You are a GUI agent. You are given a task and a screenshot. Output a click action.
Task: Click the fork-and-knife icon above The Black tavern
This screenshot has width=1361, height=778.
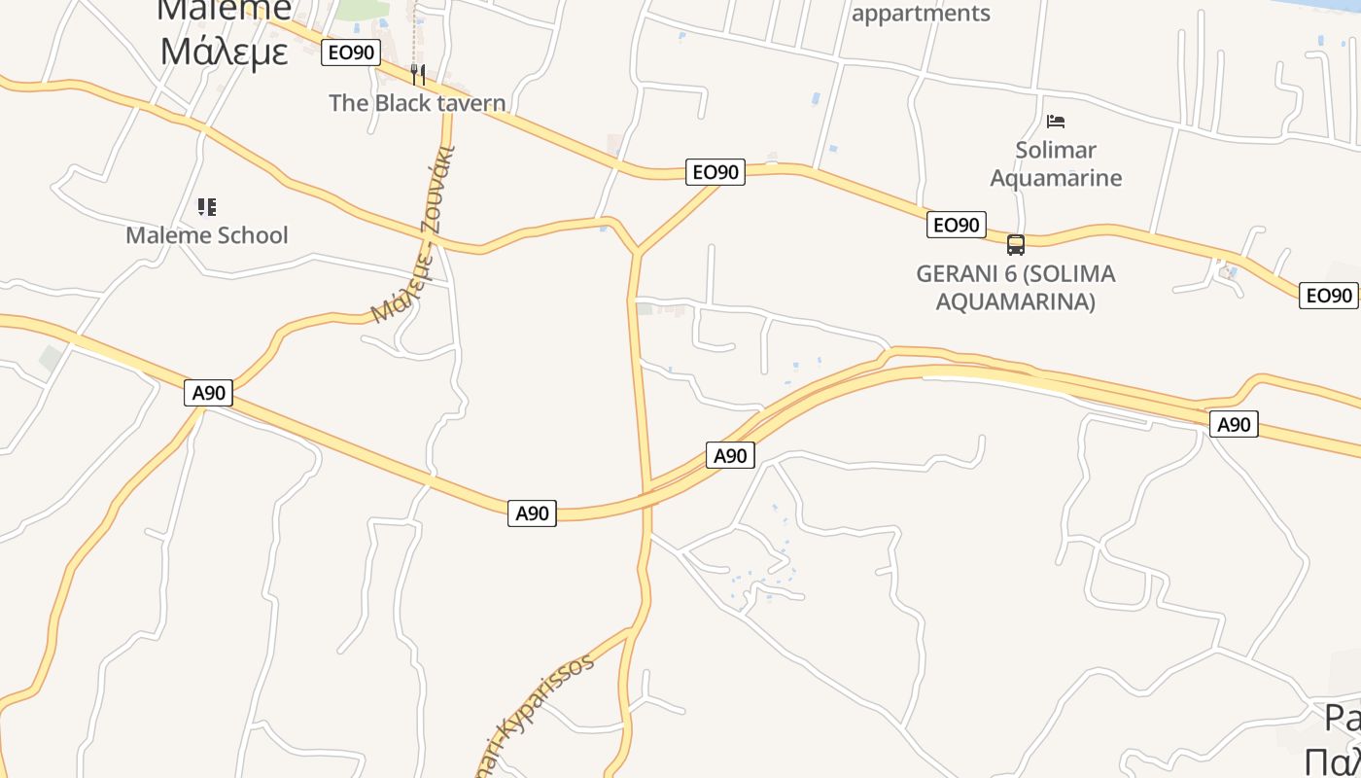418,74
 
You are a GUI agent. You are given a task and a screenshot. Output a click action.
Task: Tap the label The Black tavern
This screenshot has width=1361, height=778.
417,103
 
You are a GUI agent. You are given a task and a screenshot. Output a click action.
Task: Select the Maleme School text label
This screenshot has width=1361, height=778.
207,235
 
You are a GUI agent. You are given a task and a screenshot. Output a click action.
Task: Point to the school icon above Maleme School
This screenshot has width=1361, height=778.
207,206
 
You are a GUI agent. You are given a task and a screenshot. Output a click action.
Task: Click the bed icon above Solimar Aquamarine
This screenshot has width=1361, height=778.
1056,122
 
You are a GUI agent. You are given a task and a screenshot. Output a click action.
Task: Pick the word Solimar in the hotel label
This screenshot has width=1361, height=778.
1056,150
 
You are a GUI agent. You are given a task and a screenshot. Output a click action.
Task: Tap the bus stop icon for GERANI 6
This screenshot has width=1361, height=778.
1016,245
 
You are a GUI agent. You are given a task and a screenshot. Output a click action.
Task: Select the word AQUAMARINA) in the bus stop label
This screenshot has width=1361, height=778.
1016,301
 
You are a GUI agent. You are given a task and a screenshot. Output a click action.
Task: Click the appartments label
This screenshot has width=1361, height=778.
921,14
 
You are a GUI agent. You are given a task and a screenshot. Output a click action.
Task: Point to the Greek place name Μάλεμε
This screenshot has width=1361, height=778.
225,51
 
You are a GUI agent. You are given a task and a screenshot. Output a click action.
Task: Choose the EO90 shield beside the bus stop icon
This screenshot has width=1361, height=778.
956,225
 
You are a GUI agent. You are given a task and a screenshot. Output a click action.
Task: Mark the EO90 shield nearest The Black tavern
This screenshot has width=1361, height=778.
350,53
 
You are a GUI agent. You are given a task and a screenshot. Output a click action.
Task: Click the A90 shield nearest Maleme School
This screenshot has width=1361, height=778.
208,393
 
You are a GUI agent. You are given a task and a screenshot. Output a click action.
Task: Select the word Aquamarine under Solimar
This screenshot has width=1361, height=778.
1056,178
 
